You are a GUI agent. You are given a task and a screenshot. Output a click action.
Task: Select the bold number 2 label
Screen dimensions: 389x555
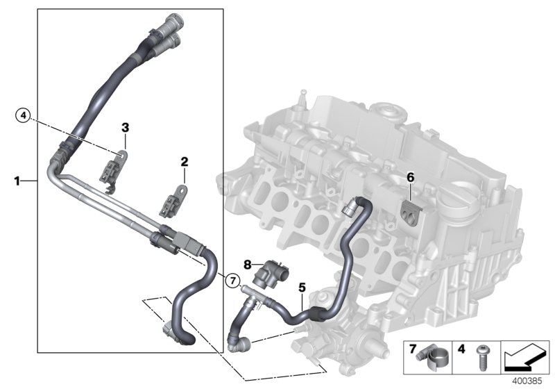click(x=185, y=162)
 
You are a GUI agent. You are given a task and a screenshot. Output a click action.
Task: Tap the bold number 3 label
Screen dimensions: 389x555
click(x=125, y=127)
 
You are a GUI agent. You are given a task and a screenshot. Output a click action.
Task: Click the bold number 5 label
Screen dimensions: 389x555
click(x=301, y=285)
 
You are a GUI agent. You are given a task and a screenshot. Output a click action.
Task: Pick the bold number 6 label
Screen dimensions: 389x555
click(x=410, y=178)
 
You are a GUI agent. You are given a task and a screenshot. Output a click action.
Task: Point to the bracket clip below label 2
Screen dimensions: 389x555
click(x=173, y=201)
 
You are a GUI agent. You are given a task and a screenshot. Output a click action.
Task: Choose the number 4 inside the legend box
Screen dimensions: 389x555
click(x=461, y=347)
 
